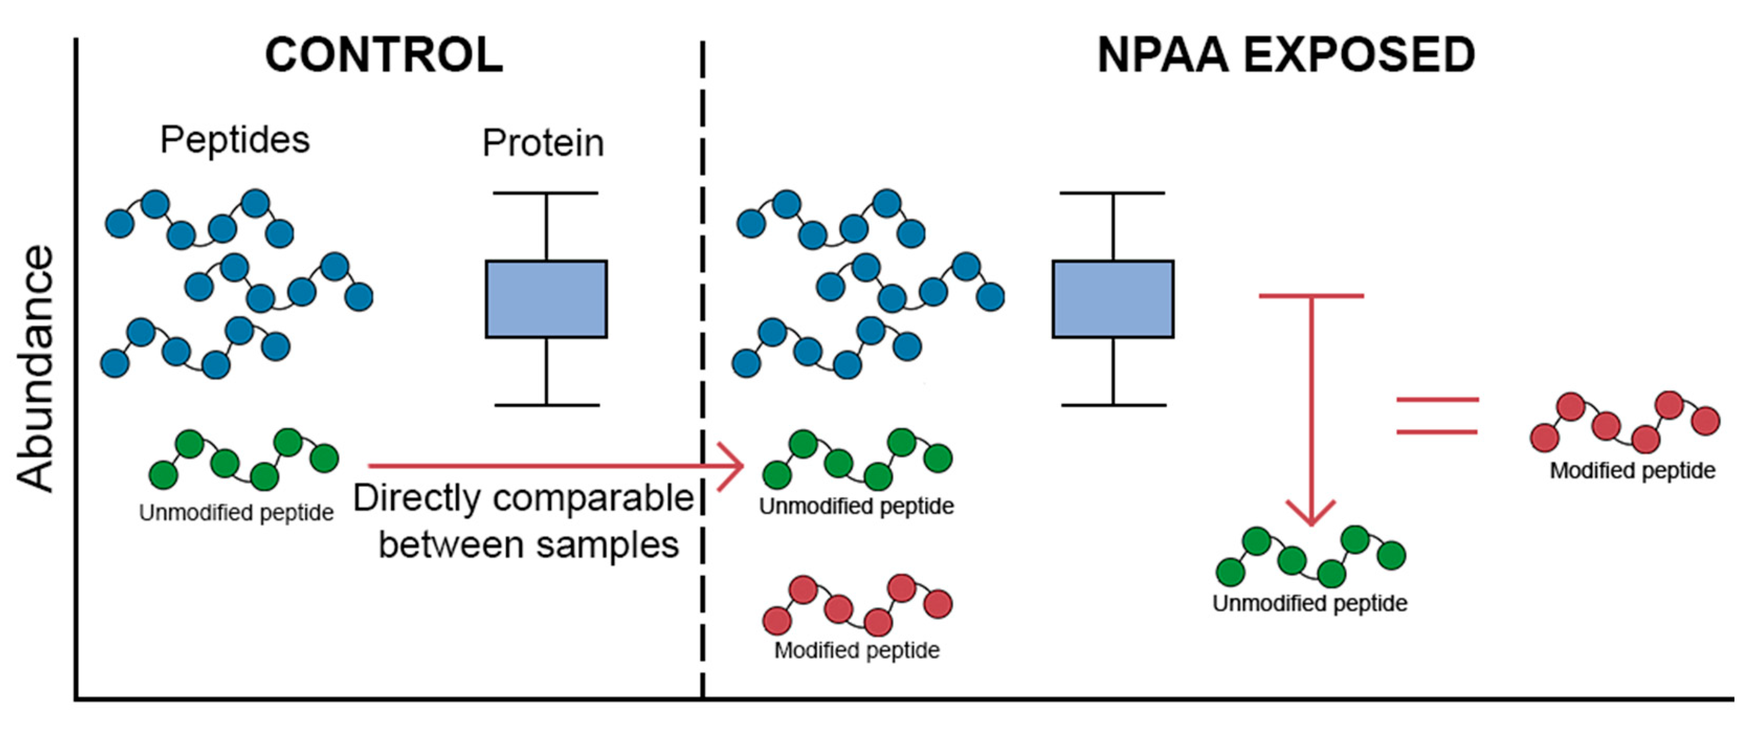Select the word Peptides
[235, 140]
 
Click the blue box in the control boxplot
[546, 298]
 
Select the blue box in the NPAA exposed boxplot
[1113, 298]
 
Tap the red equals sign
[1437, 415]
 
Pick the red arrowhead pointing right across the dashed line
[733, 467]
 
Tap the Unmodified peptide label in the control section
[236, 513]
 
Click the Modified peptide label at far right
[1632, 471]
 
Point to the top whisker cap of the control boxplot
[546, 193]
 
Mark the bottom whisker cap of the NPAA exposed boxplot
[1113, 405]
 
